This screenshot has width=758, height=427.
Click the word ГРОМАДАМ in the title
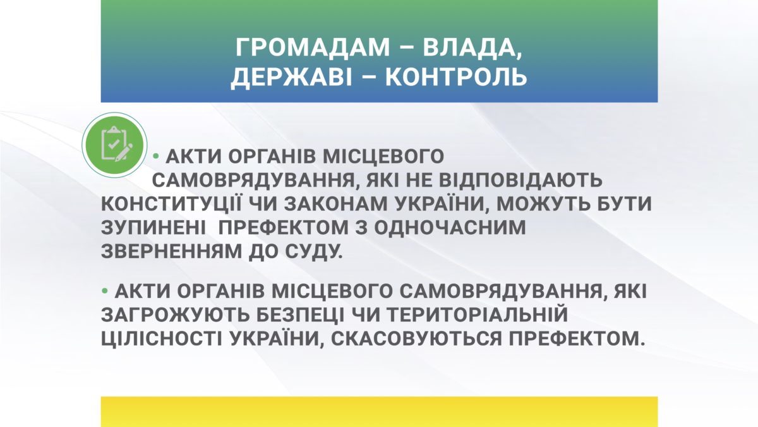313,47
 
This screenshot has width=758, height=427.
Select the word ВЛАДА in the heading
472,48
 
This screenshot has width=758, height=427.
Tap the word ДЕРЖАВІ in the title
292,77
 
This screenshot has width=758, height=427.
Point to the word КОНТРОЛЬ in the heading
456,77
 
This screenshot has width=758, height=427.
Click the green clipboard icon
114,145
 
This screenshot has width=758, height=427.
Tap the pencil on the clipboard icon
124,152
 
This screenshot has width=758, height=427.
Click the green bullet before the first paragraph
156,156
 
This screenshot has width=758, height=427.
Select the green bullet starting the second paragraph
105,290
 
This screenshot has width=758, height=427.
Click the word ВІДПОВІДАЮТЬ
520,180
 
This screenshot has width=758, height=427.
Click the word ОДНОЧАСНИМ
450,227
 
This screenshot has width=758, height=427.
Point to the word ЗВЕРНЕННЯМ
172,251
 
